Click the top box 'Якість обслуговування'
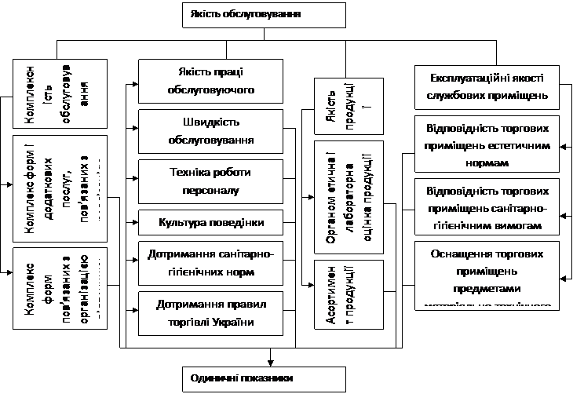click(x=264, y=15)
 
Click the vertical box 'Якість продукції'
click(x=338, y=107)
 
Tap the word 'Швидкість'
click(x=210, y=122)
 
